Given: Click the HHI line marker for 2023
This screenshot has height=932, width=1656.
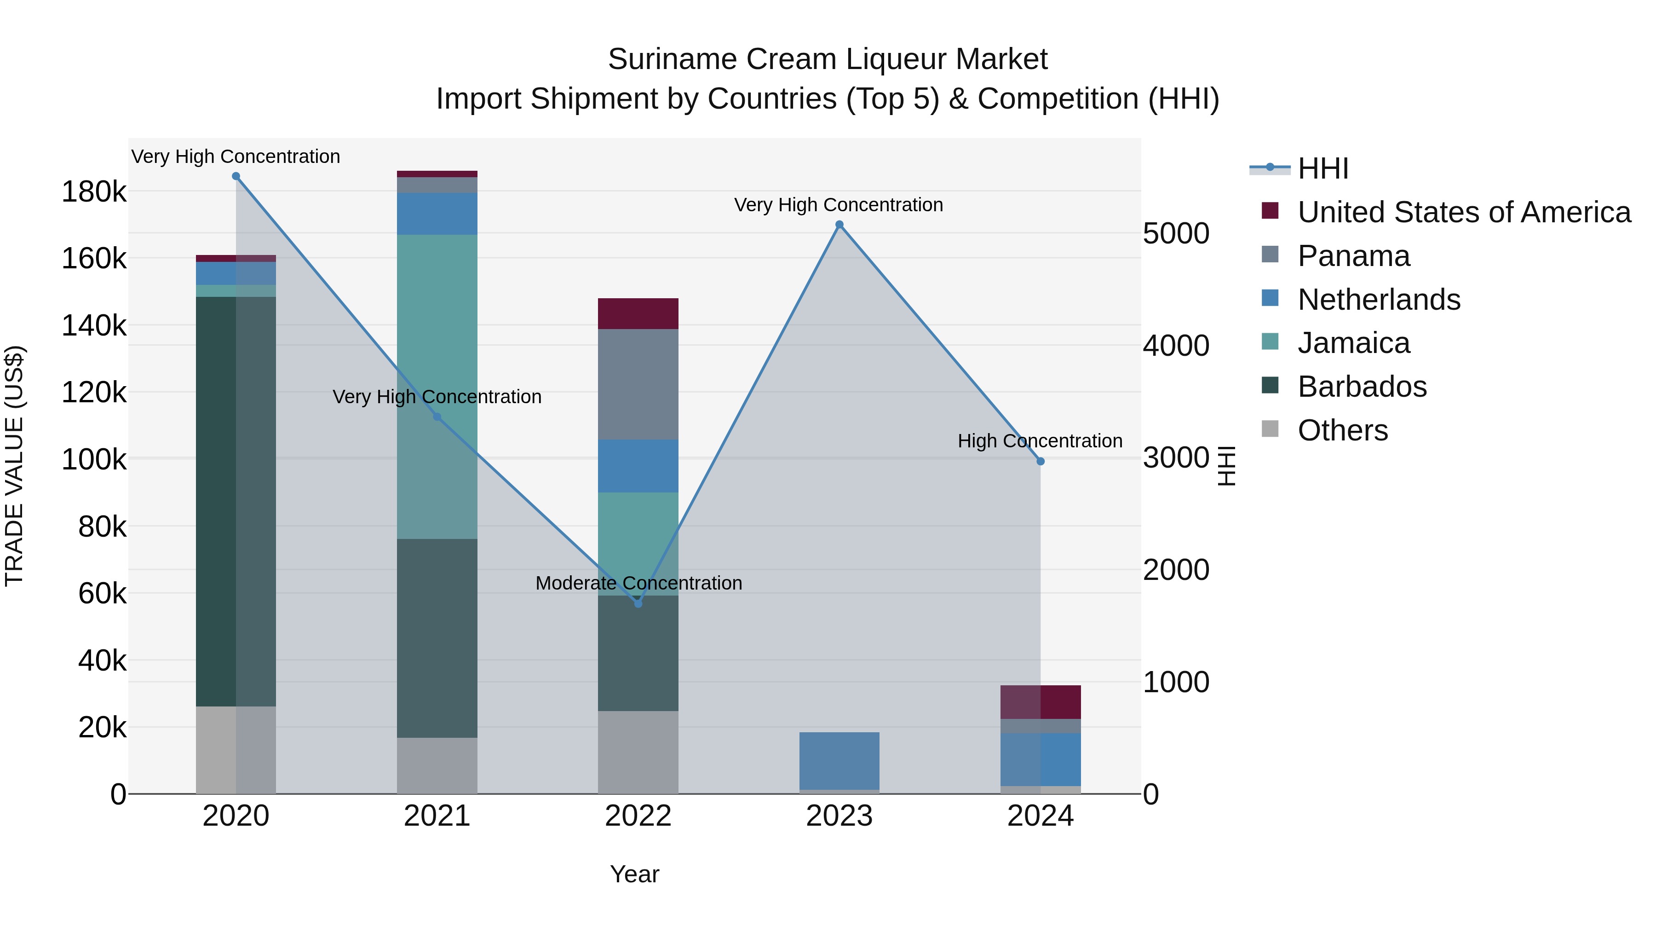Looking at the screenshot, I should (x=839, y=225).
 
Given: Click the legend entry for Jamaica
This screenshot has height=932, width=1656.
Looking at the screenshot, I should (x=1353, y=343).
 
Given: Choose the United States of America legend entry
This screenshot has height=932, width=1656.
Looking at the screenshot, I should (x=1464, y=212).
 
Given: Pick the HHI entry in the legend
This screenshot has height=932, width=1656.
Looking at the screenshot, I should (x=1322, y=168).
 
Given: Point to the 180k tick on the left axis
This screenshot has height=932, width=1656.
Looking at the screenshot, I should (x=94, y=191).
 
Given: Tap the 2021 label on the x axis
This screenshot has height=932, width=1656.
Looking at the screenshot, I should (x=437, y=816).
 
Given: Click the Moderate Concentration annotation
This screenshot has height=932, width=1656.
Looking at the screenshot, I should (x=638, y=583).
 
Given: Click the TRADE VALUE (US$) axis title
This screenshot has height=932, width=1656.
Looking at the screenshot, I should (x=14, y=466).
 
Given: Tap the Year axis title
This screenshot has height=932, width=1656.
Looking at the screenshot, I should (x=634, y=874).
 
